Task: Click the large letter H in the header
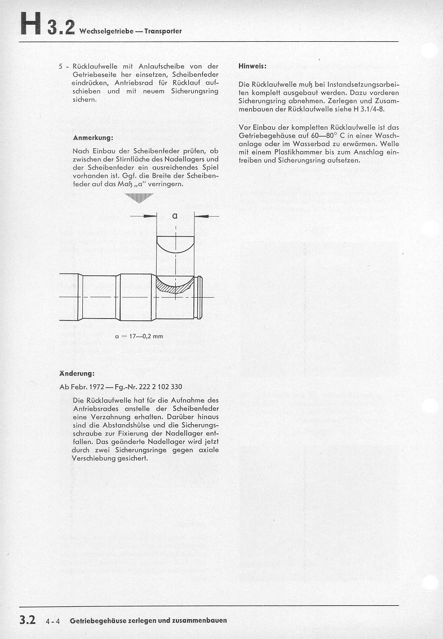coord(31,25)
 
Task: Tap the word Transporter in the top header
coord(163,32)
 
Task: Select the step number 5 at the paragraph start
coord(61,66)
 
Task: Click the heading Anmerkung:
coord(93,138)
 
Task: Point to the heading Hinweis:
coord(252,66)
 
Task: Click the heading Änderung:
coord(77,373)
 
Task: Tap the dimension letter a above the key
coord(175,215)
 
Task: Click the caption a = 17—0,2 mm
coord(138,336)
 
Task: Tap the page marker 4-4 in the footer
coord(55,621)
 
